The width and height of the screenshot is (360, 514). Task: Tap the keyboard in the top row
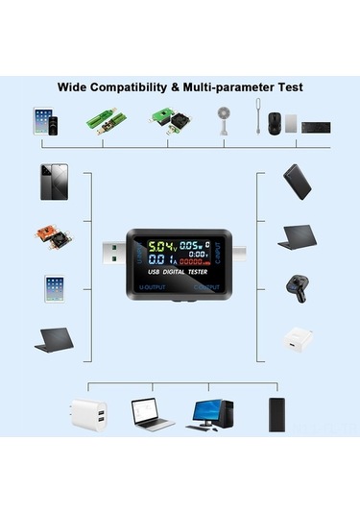coord(315,126)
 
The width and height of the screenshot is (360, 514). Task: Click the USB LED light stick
coord(260,119)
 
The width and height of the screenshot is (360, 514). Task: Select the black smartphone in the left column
coord(54,182)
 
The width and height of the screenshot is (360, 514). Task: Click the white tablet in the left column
coord(54,290)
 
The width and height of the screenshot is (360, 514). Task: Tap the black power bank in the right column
coord(297,182)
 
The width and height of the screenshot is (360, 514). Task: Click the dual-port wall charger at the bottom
coord(86,414)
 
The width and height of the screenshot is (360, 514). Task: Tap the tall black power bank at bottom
coord(277,414)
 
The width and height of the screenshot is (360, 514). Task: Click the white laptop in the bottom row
coord(152,414)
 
